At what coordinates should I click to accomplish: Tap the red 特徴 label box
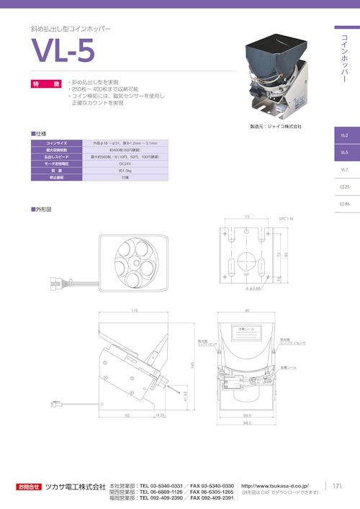(46, 84)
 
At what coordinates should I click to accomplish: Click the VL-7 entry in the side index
(344, 169)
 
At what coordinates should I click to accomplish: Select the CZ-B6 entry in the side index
(344, 204)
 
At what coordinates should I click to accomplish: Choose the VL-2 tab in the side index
(344, 135)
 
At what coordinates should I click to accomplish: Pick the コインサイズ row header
(57, 143)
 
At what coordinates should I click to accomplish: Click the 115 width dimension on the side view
(134, 310)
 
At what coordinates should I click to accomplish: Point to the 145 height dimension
(193, 365)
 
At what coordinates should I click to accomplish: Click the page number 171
(336, 487)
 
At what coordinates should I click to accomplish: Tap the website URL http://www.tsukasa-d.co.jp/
(276, 485)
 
